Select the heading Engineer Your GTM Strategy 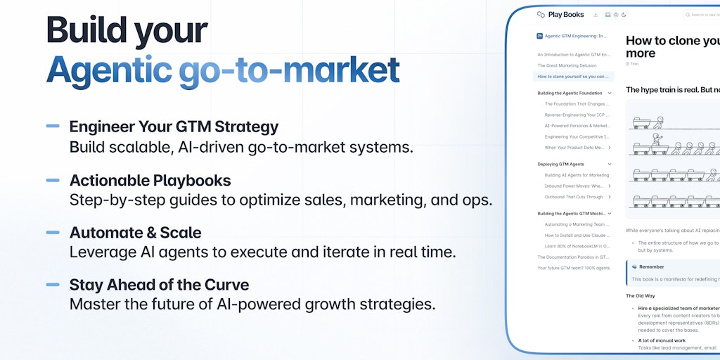pyautogui.click(x=174, y=127)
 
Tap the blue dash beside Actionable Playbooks pyautogui.click(x=53, y=180)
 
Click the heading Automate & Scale pyautogui.click(x=135, y=233)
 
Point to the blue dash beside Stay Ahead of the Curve pyautogui.click(x=53, y=285)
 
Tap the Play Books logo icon pyautogui.click(x=541, y=15)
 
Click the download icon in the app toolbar pyautogui.click(x=596, y=15)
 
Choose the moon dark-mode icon pyautogui.click(x=624, y=15)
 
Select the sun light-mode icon pyautogui.click(x=616, y=15)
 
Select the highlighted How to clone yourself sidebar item pyautogui.click(x=572, y=77)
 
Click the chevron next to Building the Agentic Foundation pyautogui.click(x=610, y=93)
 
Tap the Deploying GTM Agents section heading pyautogui.click(x=560, y=164)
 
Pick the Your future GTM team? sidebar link pyautogui.click(x=574, y=268)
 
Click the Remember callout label pyautogui.click(x=651, y=267)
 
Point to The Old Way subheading pyautogui.click(x=641, y=296)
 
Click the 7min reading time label pyautogui.click(x=634, y=64)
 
